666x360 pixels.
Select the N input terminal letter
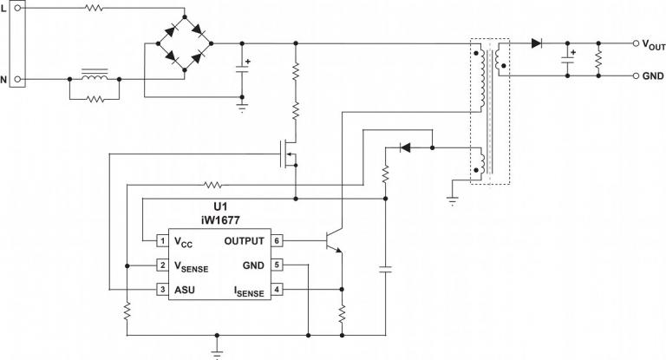[5, 80]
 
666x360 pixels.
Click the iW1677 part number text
[219, 221]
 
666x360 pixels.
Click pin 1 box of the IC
[161, 240]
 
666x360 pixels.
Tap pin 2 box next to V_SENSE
[161, 265]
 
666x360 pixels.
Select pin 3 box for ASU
[161, 289]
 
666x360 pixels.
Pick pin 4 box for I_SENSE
[277, 289]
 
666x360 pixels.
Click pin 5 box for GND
[277, 265]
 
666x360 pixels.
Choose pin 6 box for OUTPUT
[277, 240]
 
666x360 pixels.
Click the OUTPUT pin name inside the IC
[245, 240]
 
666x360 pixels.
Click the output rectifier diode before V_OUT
[538, 42]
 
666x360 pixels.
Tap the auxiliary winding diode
[403, 147]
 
